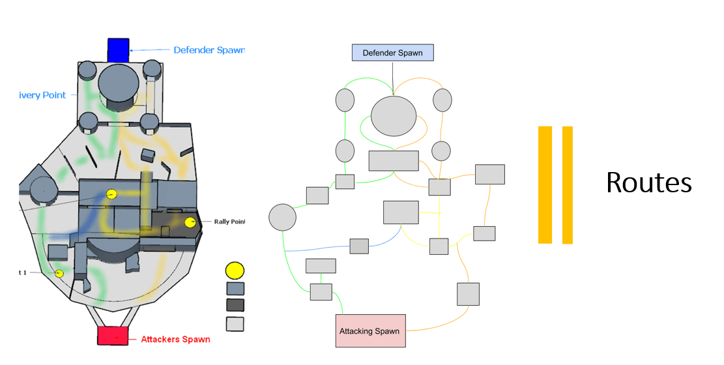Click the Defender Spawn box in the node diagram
pos(392,53)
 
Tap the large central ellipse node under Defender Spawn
pos(394,116)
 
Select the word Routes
pos(648,183)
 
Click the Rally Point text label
pos(229,222)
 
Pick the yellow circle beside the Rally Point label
pos(190,223)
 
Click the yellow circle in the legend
pos(235,270)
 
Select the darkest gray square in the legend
pos(235,305)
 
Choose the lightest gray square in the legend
pos(235,323)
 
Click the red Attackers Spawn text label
pos(176,339)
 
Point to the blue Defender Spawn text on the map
pos(209,50)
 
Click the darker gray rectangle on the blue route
pos(359,246)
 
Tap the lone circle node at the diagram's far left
pos(283,217)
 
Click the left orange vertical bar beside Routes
pos(545,184)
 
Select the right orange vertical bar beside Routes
pos(567,184)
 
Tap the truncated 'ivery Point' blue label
pos(43,95)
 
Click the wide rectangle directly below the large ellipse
pos(394,160)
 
